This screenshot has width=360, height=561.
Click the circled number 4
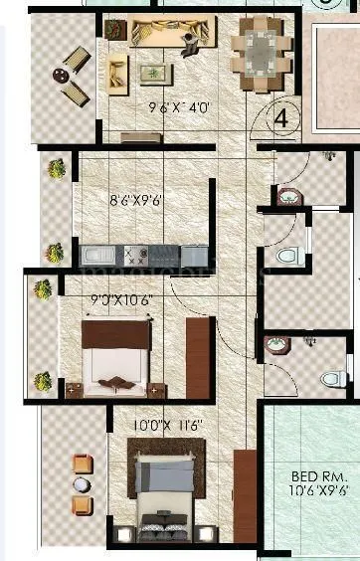[281, 117]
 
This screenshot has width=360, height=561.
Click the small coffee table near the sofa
[154, 73]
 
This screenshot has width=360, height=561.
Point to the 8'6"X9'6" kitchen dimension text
[137, 199]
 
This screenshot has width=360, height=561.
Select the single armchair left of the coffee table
[117, 70]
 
